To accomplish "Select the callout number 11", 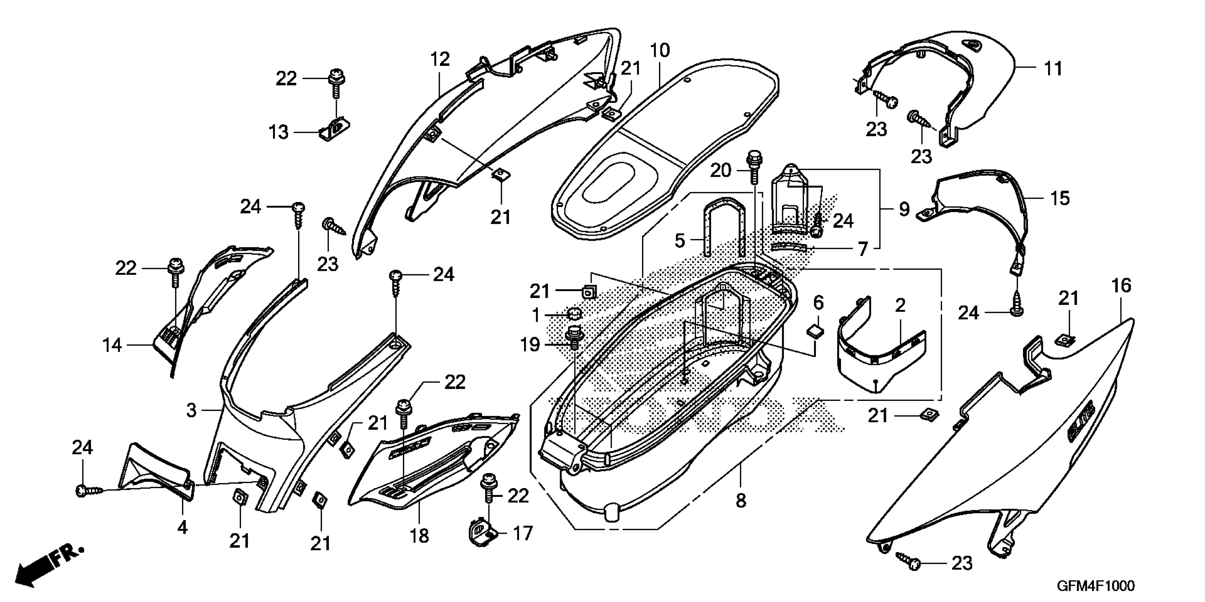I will coord(1053,69).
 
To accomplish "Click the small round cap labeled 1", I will coord(574,312).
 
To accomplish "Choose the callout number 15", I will coord(1060,198).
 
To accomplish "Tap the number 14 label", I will coord(112,346).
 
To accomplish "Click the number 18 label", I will coord(419,535).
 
